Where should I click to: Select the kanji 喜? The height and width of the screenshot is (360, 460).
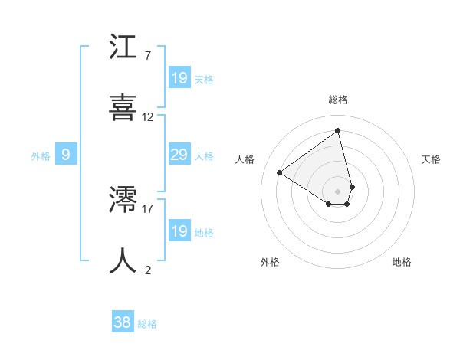pyautogui.click(x=123, y=106)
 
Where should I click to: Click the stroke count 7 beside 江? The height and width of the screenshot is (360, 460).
pyautogui.click(x=147, y=56)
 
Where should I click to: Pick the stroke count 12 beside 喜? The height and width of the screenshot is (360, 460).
pyautogui.click(x=148, y=117)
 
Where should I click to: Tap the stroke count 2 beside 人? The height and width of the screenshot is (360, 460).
pyautogui.click(x=147, y=270)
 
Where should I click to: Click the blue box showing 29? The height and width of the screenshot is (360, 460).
pyautogui.click(x=179, y=155)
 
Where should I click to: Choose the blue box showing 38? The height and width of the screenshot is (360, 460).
pyautogui.click(x=123, y=323)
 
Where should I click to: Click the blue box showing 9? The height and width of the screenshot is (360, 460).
pyautogui.click(x=66, y=155)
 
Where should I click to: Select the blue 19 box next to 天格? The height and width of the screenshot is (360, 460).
pyautogui.click(x=179, y=78)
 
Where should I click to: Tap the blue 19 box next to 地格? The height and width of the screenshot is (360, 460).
pyautogui.click(x=179, y=231)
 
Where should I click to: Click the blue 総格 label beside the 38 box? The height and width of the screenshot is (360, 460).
pyautogui.click(x=147, y=324)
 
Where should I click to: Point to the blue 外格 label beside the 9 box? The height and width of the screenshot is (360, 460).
pyautogui.click(x=41, y=156)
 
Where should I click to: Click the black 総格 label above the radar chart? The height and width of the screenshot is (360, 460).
pyautogui.click(x=337, y=100)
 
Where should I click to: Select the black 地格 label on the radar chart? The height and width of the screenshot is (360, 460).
pyautogui.click(x=402, y=262)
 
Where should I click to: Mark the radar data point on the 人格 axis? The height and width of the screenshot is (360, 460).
pyautogui.click(x=280, y=172)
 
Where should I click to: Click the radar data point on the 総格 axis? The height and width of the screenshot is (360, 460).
pyautogui.click(x=337, y=129)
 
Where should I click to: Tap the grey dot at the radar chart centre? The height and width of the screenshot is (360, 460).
pyautogui.click(x=337, y=191)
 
